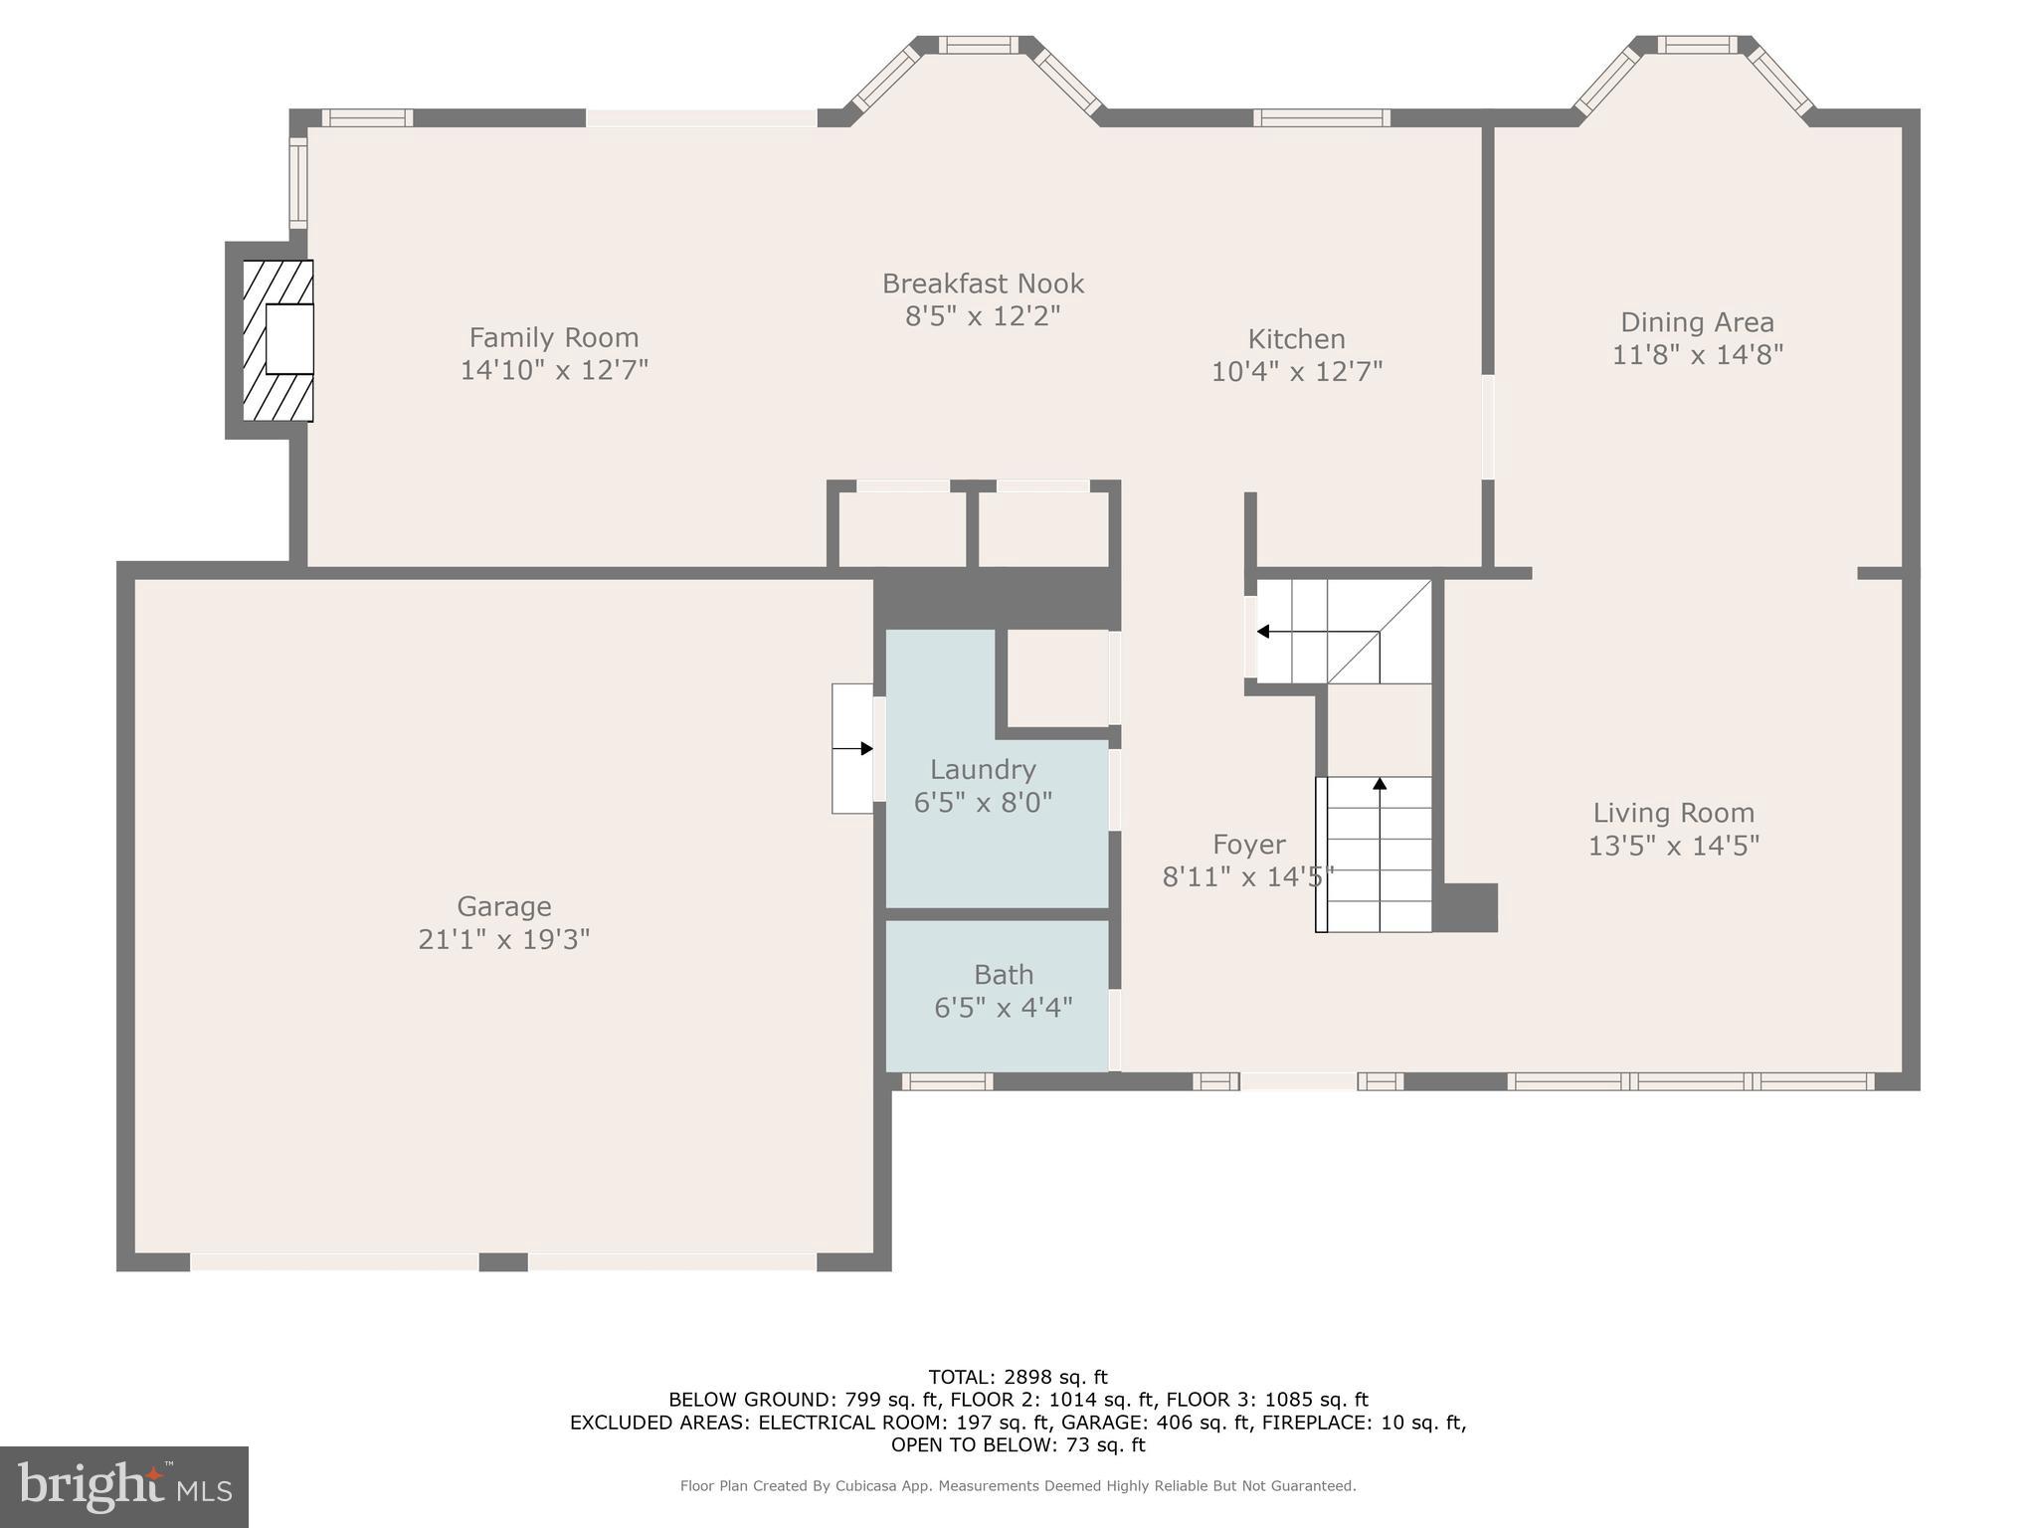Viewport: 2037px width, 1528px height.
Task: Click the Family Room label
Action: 554,337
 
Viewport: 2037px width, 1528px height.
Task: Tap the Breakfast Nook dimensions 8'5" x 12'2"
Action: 983,316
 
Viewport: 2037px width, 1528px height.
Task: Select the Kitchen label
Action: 1296,339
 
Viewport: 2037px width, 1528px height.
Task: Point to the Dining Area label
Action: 1697,322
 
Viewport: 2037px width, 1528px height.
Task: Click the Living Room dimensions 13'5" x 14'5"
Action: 1673,846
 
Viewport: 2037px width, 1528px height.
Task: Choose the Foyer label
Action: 1248,845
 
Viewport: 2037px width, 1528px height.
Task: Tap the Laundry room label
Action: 983,769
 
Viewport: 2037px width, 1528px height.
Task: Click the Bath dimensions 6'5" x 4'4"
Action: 1003,1008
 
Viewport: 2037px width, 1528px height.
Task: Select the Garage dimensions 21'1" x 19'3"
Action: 503,939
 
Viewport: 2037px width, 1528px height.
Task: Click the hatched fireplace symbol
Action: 278,340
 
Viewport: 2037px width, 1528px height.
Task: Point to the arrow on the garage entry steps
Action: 853,748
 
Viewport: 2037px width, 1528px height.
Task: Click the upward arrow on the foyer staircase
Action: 1380,785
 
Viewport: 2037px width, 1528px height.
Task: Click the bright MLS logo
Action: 124,1487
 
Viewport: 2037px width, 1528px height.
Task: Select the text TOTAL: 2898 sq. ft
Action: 1018,1377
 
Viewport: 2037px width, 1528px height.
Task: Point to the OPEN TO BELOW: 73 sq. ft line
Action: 1018,1445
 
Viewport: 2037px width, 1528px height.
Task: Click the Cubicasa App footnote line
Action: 1018,1485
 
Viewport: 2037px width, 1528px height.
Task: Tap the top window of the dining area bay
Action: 1697,45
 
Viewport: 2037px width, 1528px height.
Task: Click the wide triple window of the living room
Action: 1690,1081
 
